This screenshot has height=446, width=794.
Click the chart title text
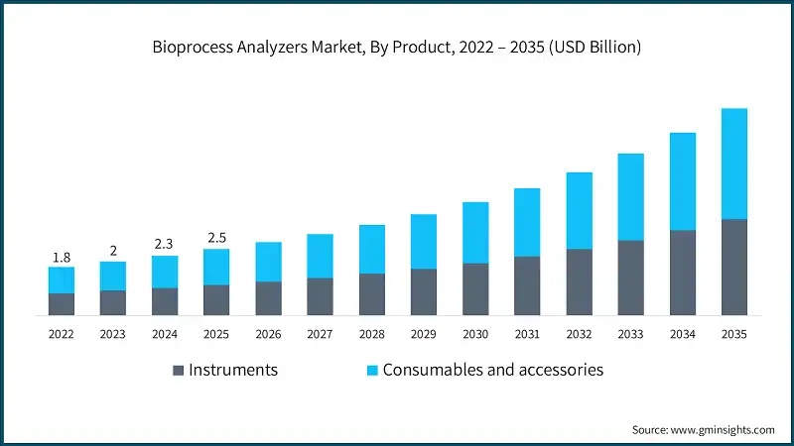[397, 46]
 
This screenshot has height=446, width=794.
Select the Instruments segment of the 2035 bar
[733, 267]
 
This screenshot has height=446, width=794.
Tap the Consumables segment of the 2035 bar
[733, 164]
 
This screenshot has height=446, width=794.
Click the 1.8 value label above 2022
[62, 258]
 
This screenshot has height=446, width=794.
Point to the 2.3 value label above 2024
[165, 244]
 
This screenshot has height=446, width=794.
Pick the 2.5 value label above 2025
[216, 237]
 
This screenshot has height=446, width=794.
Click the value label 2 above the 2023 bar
[113, 251]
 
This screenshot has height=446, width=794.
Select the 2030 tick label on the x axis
[475, 335]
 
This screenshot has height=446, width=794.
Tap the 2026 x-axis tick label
[268, 335]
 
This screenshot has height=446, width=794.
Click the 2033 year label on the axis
[630, 335]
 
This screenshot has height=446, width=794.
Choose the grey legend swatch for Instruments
[179, 371]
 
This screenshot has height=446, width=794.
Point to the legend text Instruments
[233, 370]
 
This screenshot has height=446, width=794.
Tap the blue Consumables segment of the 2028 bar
[372, 249]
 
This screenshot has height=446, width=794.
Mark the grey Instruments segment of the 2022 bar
[62, 304]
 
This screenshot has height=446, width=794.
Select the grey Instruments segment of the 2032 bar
[579, 281]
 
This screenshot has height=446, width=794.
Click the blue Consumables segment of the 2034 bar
[682, 181]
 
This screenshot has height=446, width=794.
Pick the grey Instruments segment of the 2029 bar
[424, 291]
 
